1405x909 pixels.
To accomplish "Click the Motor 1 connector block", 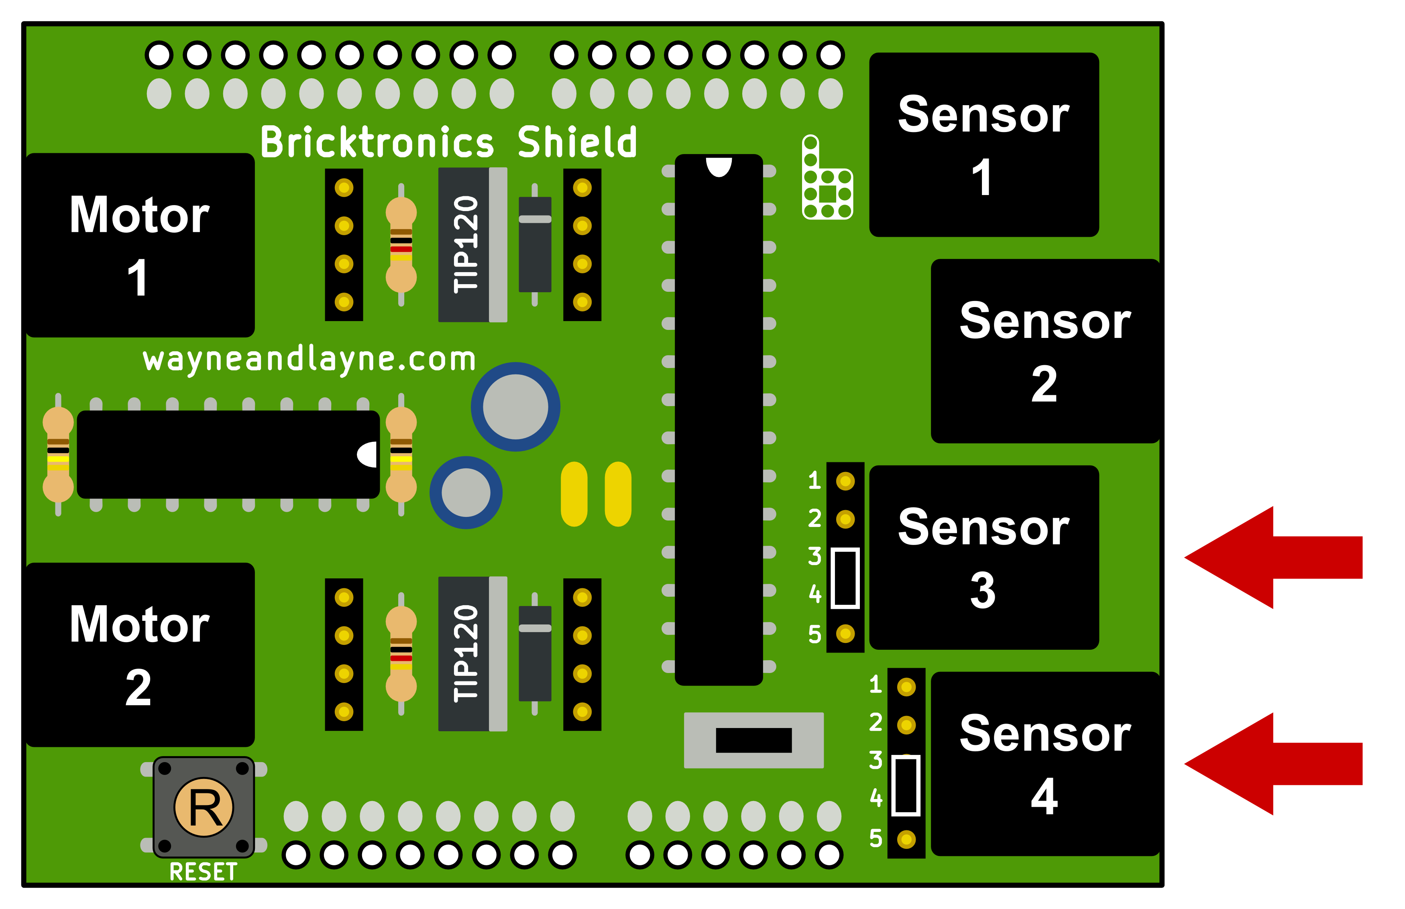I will (x=140, y=245).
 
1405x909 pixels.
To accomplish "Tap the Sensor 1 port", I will (x=983, y=144).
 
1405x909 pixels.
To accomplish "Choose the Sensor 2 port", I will (x=1045, y=351).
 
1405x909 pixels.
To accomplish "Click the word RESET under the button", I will (x=203, y=872).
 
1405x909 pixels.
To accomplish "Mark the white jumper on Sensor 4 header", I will (x=906, y=785).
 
